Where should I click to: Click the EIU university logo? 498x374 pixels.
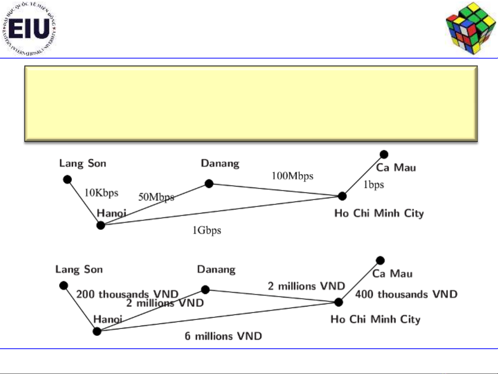point(28,28)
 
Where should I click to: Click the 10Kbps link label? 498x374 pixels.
point(101,193)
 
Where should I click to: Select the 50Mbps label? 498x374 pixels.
point(156,197)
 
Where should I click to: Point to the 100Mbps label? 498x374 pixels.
point(292,176)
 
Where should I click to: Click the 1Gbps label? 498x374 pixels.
point(207,230)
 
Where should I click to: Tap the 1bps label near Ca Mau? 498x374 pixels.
point(374,185)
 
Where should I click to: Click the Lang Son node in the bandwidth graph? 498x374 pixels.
point(67,180)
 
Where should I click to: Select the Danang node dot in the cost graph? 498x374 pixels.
point(205,290)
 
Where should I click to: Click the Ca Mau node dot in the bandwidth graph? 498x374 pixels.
point(384,154)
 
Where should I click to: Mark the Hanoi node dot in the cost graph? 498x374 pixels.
point(97,331)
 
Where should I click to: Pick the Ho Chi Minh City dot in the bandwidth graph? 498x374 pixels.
point(342,196)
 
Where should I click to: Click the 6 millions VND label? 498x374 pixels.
point(223,336)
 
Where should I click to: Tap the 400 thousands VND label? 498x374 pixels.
point(406,294)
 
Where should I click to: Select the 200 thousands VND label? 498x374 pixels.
point(127,294)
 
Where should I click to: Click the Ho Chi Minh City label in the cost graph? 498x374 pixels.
point(375,319)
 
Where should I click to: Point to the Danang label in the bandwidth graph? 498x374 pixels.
point(220,163)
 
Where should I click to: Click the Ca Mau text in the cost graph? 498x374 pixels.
point(392,274)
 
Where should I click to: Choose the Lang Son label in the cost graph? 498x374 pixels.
point(79,270)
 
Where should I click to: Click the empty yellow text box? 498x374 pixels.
point(251,104)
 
